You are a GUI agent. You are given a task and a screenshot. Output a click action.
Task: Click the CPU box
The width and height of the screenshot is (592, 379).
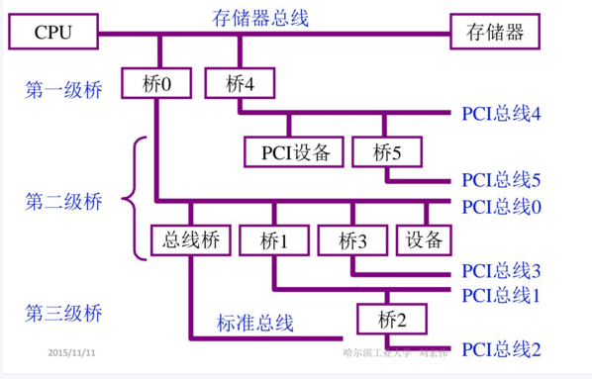(53, 33)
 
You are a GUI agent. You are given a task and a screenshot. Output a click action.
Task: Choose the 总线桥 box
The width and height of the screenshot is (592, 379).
(190, 240)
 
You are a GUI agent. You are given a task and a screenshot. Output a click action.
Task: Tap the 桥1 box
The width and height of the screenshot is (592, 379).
(273, 240)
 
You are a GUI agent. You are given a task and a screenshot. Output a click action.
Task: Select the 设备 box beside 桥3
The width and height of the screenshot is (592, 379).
(424, 240)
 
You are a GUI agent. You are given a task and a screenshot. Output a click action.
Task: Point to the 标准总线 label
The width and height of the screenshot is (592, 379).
(255, 323)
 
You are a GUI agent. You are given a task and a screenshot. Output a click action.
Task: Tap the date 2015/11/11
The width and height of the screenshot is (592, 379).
(78, 352)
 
